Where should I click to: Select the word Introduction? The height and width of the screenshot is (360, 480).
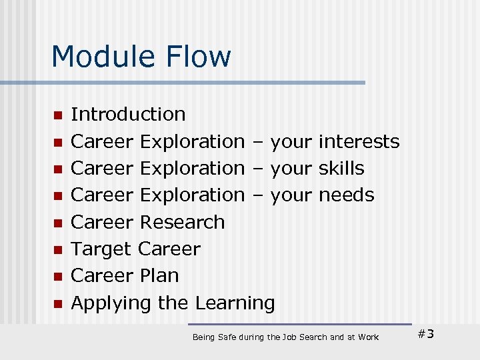(x=128, y=114)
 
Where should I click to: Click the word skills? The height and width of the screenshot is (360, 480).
(x=341, y=168)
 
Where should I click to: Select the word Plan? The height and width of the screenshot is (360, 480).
(x=160, y=276)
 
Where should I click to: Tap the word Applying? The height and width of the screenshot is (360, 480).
(x=111, y=303)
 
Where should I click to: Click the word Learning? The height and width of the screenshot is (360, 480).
(x=235, y=303)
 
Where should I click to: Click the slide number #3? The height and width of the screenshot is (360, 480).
(x=425, y=334)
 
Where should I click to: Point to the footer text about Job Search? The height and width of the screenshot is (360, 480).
(x=285, y=337)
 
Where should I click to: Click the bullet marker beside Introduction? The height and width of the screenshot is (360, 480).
(x=58, y=115)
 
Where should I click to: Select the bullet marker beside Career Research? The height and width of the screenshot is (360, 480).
(x=58, y=223)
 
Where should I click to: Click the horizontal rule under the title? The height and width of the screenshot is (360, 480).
(x=183, y=83)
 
